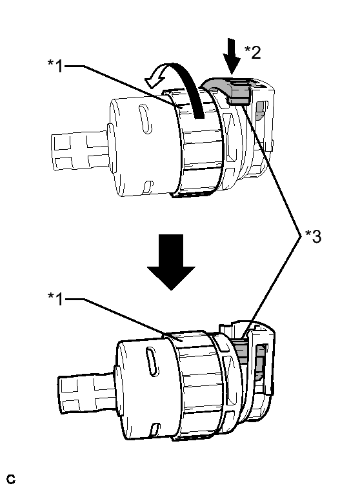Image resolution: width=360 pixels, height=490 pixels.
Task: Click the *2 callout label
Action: coord(252,52)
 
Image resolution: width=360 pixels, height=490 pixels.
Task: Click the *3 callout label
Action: coord(313,236)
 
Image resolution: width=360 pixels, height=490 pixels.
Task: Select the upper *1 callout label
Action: coord(55,66)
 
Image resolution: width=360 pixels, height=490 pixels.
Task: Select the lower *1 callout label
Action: coord(55,299)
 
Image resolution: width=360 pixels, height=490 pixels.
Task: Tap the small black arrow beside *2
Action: coord(232,56)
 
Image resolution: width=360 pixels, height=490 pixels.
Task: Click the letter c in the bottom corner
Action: coord(11,479)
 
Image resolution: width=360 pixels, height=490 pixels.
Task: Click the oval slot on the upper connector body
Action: coord(146,119)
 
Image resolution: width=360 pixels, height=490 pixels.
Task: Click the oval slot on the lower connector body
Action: coord(152,362)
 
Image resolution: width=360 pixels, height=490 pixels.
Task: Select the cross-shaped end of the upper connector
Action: coord(80,152)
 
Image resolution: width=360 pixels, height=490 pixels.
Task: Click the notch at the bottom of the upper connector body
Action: coord(148,187)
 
